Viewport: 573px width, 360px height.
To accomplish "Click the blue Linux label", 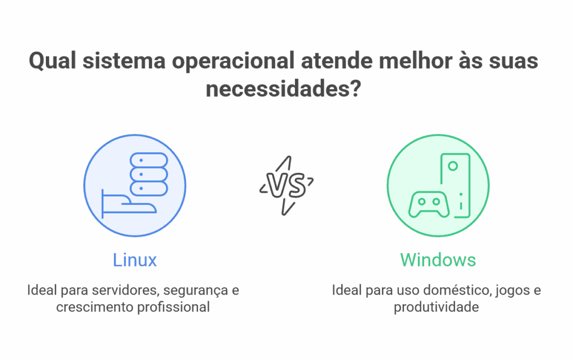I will (x=135, y=260).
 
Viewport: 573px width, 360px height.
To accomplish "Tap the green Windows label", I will (x=438, y=260).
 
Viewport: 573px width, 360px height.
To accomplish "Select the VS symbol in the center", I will (x=285, y=185).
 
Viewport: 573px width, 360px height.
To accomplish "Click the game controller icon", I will (x=429, y=204).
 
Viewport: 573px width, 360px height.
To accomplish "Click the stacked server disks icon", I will (x=149, y=174).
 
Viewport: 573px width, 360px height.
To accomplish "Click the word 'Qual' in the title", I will (x=53, y=61).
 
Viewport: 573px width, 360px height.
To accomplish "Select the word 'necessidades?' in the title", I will (x=283, y=89).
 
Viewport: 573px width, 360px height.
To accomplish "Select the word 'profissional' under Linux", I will (x=173, y=307).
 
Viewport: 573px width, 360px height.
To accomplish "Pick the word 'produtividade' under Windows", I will (x=436, y=307).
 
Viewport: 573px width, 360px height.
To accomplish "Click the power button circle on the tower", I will (x=453, y=166).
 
